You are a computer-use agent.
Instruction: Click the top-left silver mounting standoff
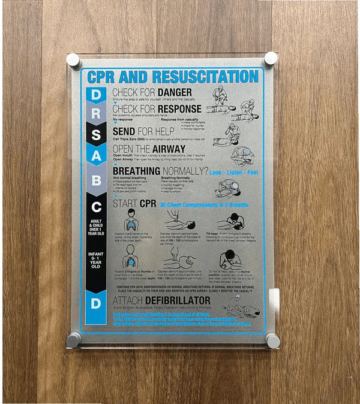(x=73, y=61)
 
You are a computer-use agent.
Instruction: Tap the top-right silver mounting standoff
(x=271, y=59)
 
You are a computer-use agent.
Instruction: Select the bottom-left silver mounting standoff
(x=74, y=340)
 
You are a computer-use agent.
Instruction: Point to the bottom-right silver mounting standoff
(x=272, y=340)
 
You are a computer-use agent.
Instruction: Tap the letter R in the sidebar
(x=97, y=114)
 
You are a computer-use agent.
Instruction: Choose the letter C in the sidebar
(x=97, y=207)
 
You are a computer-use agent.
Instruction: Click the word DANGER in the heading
(x=175, y=92)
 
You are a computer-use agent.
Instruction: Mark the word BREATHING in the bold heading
(x=137, y=171)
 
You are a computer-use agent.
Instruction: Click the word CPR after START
(x=148, y=204)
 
